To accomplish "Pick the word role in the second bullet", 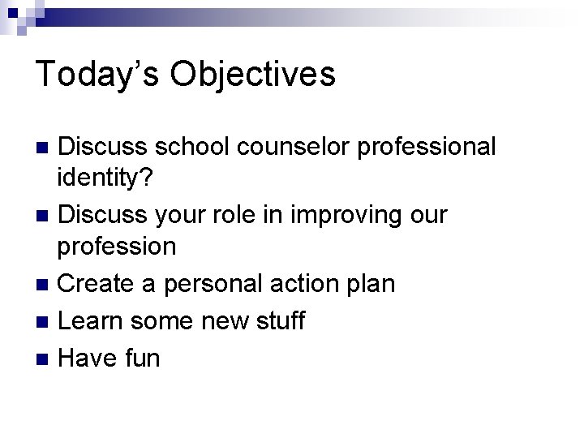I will pyautogui.click(x=231, y=215).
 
